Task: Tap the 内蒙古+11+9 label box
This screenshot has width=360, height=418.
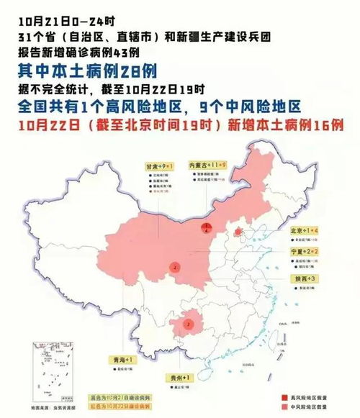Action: pyautogui.click(x=207, y=165)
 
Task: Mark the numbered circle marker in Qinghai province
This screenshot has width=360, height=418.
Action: pyautogui.click(x=174, y=267)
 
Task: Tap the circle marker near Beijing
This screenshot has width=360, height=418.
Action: pyautogui.click(x=238, y=232)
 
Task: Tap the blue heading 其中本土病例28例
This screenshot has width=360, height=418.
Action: pyautogui.click(x=86, y=71)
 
